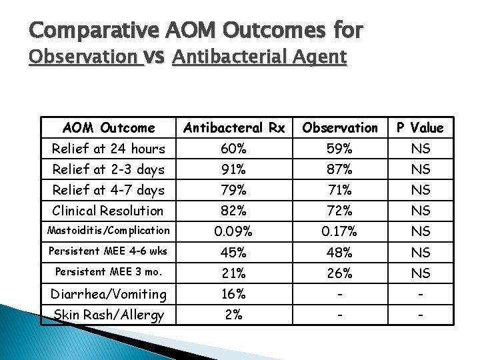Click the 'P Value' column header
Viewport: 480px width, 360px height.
(420, 127)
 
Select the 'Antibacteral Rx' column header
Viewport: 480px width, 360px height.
(234, 127)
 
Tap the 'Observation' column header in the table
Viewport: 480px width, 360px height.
(339, 127)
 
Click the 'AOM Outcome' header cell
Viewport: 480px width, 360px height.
(108, 127)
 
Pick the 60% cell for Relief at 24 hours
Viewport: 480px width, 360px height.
(234, 148)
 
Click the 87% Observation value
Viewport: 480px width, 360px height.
(339, 169)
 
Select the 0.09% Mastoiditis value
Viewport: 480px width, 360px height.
(234, 231)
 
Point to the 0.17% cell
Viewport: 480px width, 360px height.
(339, 231)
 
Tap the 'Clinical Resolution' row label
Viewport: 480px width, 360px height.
(108, 211)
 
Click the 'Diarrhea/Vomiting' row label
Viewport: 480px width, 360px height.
(108, 294)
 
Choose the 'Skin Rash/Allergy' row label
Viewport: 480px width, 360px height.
(108, 315)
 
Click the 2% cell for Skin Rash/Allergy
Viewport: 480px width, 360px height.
(234, 315)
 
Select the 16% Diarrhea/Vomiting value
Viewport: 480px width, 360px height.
(234, 294)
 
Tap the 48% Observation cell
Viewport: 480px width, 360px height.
(339, 253)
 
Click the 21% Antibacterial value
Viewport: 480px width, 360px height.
(234, 273)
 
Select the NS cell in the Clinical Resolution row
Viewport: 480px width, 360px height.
(420, 211)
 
